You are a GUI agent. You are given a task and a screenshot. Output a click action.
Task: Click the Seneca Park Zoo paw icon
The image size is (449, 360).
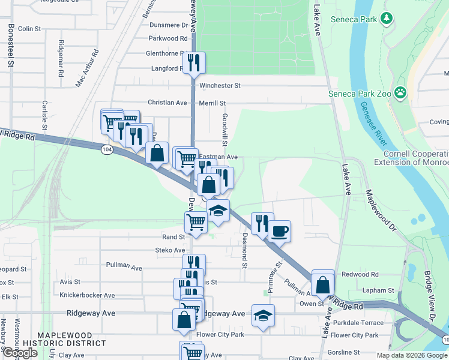tap(400, 93)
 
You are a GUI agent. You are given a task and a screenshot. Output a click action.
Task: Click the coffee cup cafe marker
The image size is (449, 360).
tap(279, 230)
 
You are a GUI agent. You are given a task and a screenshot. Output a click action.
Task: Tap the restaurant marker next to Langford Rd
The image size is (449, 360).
tap(193, 63)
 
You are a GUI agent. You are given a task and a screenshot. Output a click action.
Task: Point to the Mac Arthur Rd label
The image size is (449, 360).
tap(87, 69)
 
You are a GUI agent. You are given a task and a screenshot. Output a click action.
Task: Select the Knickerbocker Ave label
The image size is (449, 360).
tap(87, 295)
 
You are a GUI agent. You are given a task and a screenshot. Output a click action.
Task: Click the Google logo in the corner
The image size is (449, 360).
tap(19, 353)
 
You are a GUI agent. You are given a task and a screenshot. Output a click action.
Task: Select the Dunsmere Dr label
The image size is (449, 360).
tap(169, 25)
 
